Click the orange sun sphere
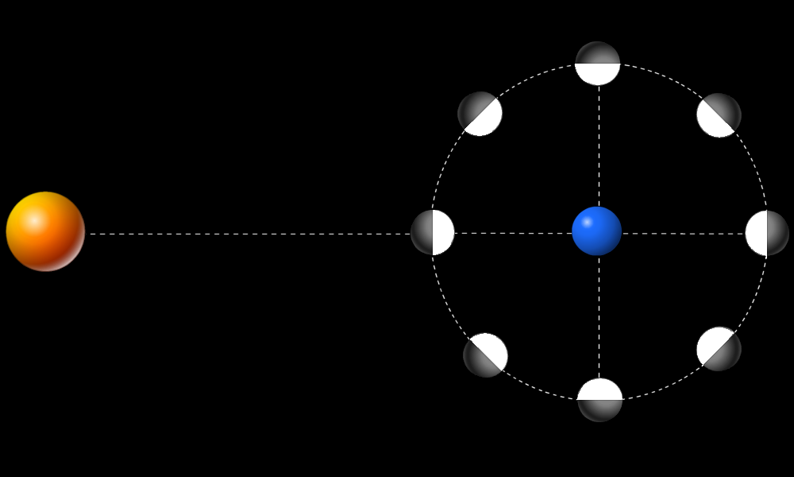[x=45, y=231]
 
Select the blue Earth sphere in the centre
[x=596, y=231]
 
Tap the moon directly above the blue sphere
[x=598, y=64]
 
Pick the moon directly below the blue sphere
[x=600, y=399]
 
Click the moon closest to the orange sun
[x=433, y=232]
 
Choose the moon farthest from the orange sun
[x=767, y=233]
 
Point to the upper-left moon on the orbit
[x=480, y=114]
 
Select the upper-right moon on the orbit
[x=719, y=115]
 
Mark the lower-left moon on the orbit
[x=485, y=355]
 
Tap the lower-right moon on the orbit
[x=719, y=348]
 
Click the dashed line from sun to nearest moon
[x=246, y=234]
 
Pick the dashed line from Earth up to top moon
[x=599, y=143]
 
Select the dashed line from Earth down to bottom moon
[x=599, y=318]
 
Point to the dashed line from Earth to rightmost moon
[x=683, y=234]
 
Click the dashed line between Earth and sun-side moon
[x=512, y=233]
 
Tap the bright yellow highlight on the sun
[x=33, y=220]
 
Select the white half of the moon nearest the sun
[x=443, y=232]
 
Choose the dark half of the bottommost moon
[x=600, y=410]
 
